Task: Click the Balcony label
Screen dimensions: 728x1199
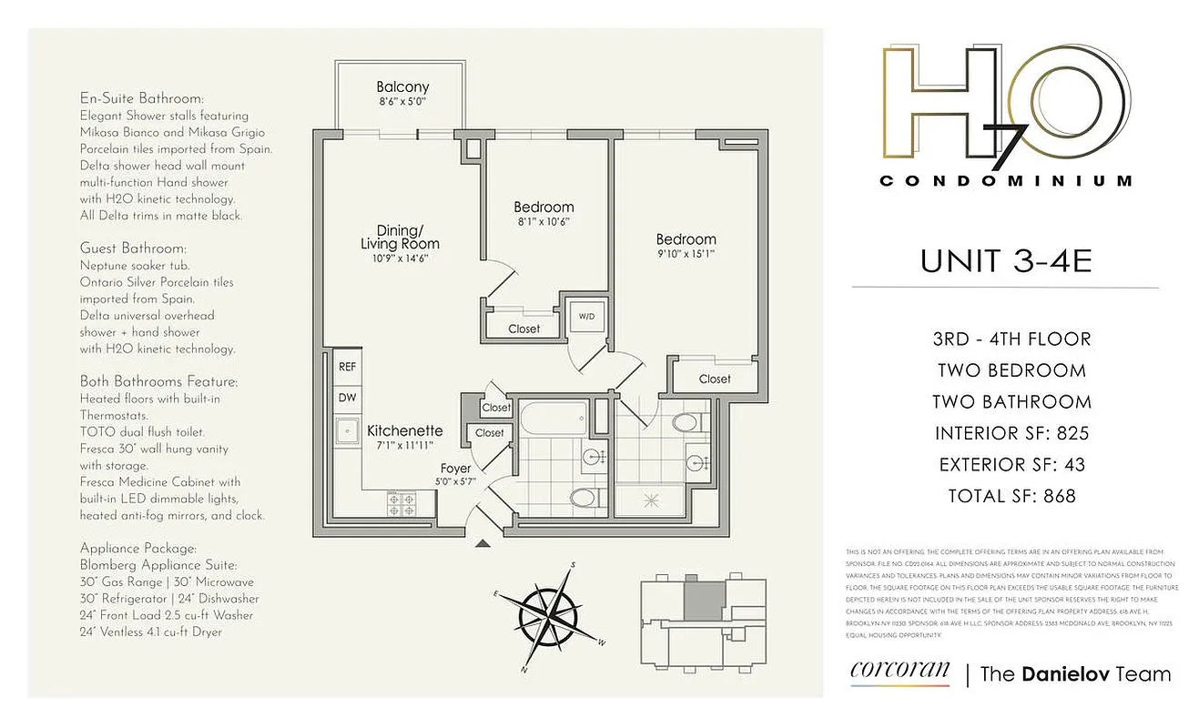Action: pyautogui.click(x=402, y=87)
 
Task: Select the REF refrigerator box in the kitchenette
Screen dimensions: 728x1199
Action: pyautogui.click(x=347, y=368)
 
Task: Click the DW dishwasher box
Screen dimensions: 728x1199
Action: pyautogui.click(x=347, y=398)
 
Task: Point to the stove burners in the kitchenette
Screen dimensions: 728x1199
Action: pyautogui.click(x=401, y=500)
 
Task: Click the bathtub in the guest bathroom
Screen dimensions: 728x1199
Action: pyautogui.click(x=553, y=421)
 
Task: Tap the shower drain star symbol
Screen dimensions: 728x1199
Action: pyautogui.click(x=651, y=500)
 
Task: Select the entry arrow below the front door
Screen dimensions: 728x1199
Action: pyautogui.click(x=483, y=544)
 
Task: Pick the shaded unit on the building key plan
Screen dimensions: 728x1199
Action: pyautogui.click(x=702, y=601)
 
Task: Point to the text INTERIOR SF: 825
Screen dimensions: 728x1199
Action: pyautogui.click(x=1011, y=433)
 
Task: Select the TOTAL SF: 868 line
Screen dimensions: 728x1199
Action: pyautogui.click(x=1011, y=496)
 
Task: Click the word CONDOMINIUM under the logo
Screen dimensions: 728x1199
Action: pyautogui.click(x=1006, y=181)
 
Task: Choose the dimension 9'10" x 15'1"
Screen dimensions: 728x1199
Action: pyautogui.click(x=686, y=255)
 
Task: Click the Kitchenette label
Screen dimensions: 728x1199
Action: pyautogui.click(x=404, y=430)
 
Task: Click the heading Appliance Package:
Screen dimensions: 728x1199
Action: pyautogui.click(x=137, y=549)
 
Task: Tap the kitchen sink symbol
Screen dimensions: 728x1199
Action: pyautogui.click(x=346, y=430)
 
